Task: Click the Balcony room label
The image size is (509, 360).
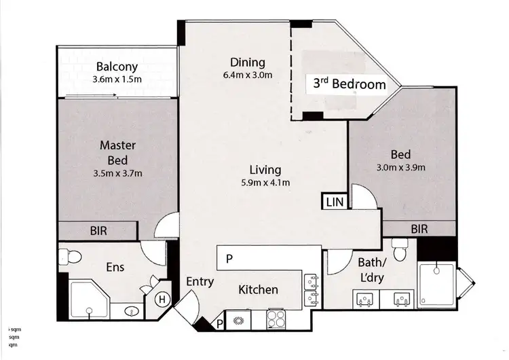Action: (x=117, y=67)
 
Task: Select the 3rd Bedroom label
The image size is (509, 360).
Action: (x=350, y=84)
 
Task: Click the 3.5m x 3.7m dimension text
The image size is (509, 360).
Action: (x=117, y=173)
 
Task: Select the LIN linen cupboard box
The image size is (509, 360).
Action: (x=334, y=201)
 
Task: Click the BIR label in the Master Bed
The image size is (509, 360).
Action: (x=98, y=230)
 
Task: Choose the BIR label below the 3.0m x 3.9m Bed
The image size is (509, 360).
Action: (x=419, y=229)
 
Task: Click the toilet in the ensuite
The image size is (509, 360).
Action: (x=69, y=256)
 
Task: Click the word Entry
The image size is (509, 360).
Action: (x=200, y=282)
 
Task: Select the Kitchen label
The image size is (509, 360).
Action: (x=258, y=290)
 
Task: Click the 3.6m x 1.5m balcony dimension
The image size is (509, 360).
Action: (x=117, y=79)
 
